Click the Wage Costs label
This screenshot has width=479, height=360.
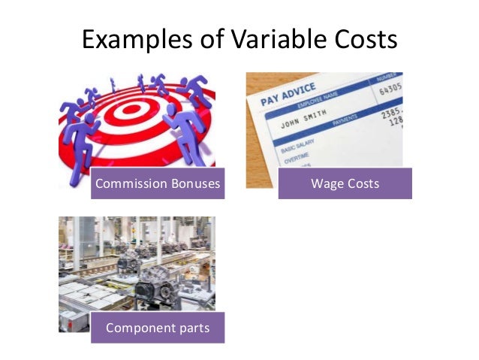(345, 183)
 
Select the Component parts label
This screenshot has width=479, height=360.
(158, 328)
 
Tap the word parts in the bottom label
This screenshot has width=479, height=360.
(191, 328)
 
